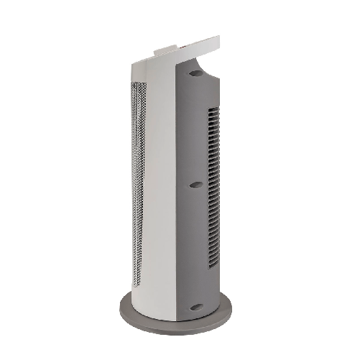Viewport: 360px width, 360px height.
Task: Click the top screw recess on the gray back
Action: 196,73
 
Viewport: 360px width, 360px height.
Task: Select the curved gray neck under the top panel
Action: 205,68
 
